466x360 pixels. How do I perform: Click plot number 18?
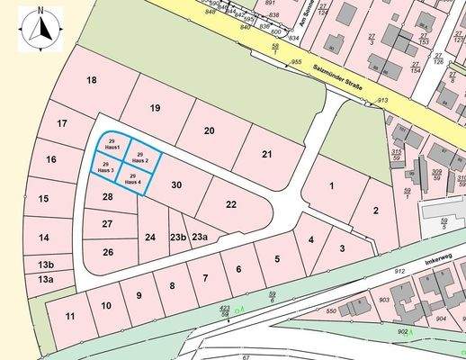coord(91,81)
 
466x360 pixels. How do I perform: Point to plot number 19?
coord(155,109)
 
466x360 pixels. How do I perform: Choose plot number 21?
coord(266,155)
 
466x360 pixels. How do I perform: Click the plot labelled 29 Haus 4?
coord(132,178)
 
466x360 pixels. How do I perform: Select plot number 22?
coord(231,204)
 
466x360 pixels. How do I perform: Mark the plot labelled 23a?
coord(200,237)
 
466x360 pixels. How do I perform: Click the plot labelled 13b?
coord(46,265)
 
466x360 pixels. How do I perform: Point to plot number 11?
coord(70,316)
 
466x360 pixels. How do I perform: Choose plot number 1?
coord(331,185)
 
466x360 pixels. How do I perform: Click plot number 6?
coord(238,269)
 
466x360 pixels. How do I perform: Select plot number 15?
coord(43,198)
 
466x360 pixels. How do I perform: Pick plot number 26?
coord(108,252)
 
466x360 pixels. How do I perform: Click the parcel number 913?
coord(382,100)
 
